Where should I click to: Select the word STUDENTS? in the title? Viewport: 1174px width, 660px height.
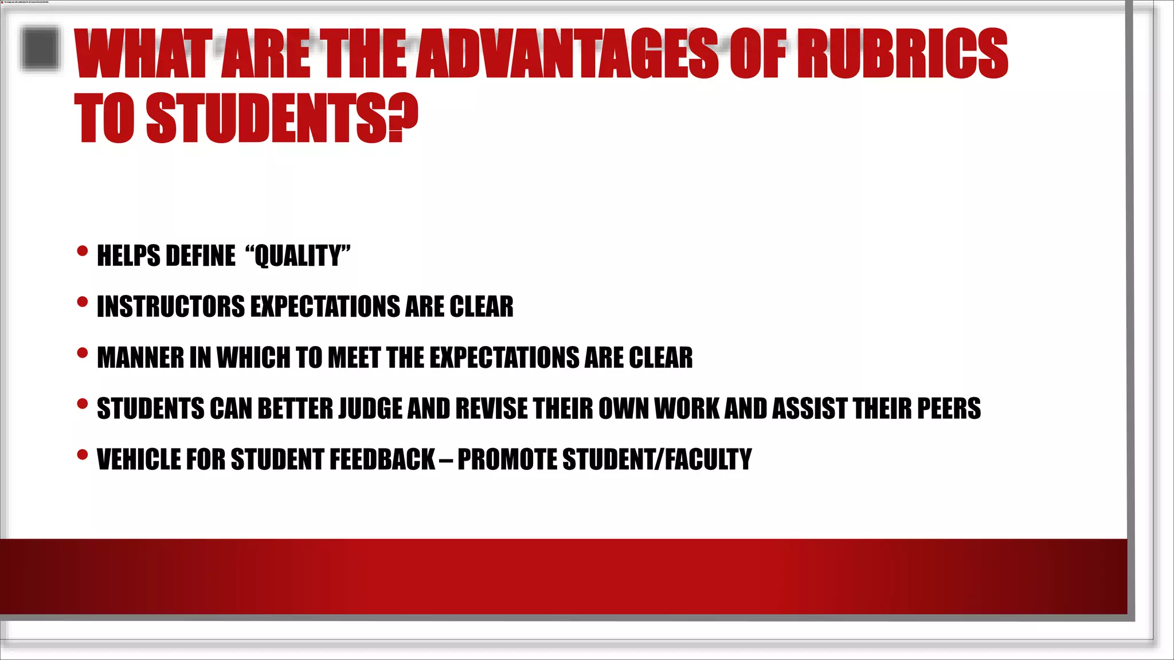tap(282, 118)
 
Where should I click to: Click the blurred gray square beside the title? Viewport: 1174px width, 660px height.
tap(40, 49)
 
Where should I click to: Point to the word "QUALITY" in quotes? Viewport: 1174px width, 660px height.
tap(298, 256)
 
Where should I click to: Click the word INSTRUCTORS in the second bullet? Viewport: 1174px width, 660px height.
tap(171, 307)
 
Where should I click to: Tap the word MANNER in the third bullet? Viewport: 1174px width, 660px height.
tap(140, 357)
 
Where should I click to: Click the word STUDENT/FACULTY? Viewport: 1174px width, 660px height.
tap(657, 459)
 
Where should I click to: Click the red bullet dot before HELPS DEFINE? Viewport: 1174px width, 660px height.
tap(83, 251)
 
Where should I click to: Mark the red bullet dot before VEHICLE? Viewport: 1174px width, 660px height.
tap(83, 455)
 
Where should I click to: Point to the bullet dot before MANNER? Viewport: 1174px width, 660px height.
tap(83, 353)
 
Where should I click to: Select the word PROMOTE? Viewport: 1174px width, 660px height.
tap(507, 459)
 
